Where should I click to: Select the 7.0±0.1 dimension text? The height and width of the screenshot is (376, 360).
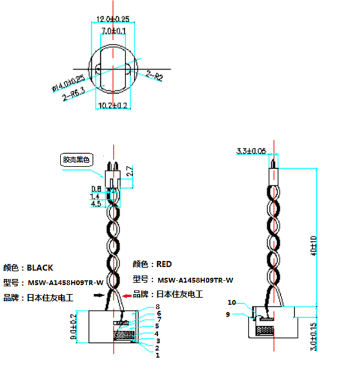pyautogui.click(x=113, y=30)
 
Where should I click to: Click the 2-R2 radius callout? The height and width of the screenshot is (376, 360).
pyautogui.click(x=155, y=76)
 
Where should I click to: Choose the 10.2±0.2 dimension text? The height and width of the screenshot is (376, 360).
pyautogui.click(x=113, y=106)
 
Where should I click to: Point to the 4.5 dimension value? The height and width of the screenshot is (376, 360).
pyautogui.click(x=95, y=204)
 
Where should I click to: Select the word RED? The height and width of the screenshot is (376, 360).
pyautogui.click(x=164, y=264)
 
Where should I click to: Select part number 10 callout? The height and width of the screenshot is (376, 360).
pyautogui.click(x=233, y=303)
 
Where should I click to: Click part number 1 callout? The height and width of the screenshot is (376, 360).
pyautogui.click(x=157, y=355)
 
